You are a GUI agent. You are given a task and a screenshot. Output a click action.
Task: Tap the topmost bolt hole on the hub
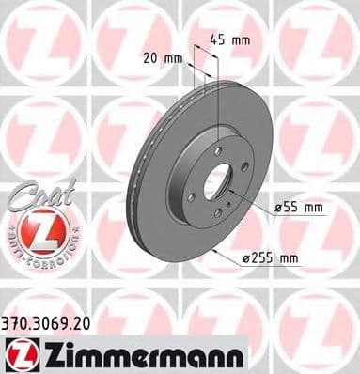[x=217, y=150]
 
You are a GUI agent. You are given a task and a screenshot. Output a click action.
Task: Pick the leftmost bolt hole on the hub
[x=192, y=195]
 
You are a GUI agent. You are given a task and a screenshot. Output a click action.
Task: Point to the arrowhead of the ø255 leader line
[x=215, y=249]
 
